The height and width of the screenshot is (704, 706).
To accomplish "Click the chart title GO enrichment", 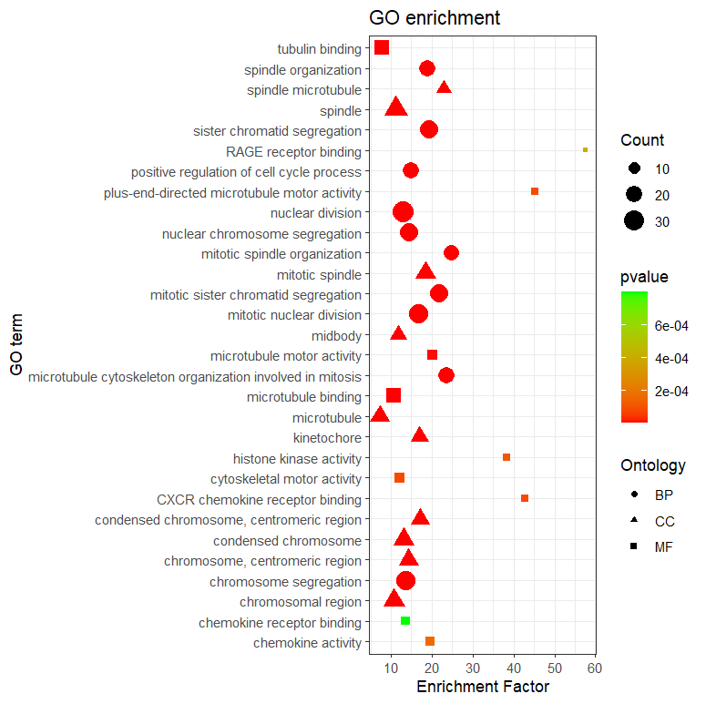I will (434, 18).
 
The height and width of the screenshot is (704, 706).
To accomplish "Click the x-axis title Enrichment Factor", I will (482, 687).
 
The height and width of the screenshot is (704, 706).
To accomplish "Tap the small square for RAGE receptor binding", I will (585, 149).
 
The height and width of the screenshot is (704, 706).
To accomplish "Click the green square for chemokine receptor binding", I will (405, 621).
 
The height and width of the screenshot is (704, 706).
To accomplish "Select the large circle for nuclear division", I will (403, 212).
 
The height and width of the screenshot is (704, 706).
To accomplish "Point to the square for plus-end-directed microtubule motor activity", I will (535, 191).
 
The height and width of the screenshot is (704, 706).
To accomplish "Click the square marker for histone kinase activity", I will (506, 457).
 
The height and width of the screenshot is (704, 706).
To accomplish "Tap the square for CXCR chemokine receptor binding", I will (525, 498).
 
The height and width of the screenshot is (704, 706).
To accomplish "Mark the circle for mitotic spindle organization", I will (451, 253).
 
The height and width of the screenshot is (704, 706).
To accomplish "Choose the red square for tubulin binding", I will (382, 47).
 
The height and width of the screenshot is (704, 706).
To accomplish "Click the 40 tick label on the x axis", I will (514, 669).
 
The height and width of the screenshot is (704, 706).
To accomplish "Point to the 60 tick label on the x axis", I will (595, 669).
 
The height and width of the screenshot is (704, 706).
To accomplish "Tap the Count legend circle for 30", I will (634, 220).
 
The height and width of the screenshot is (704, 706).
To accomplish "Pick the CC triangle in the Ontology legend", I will (634, 521).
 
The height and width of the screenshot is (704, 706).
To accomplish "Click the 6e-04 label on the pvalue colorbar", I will (672, 324).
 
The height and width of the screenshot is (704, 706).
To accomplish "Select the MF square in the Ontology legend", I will (634, 546).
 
